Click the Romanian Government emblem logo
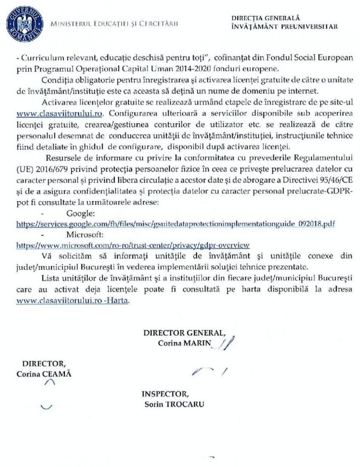coord(24,23)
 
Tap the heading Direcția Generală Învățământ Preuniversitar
coord(284,23)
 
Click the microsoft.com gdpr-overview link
coord(133,245)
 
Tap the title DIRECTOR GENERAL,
coord(184,333)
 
